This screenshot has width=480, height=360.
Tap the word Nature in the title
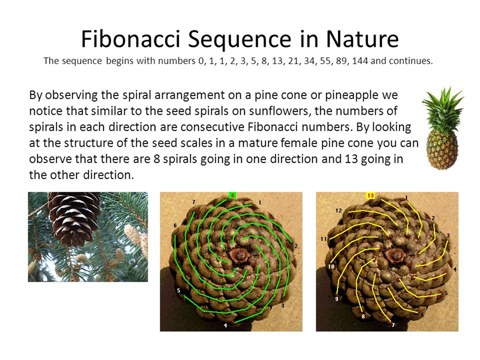click(363, 39)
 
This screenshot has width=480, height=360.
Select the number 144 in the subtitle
click(360, 61)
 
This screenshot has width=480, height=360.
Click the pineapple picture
click(443, 128)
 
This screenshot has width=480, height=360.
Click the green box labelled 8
click(232, 195)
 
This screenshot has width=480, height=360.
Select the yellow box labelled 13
click(371, 195)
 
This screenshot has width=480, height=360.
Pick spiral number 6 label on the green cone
click(175, 225)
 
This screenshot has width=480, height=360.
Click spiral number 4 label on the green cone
click(225, 325)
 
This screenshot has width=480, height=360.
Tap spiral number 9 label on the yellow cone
click(336, 299)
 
